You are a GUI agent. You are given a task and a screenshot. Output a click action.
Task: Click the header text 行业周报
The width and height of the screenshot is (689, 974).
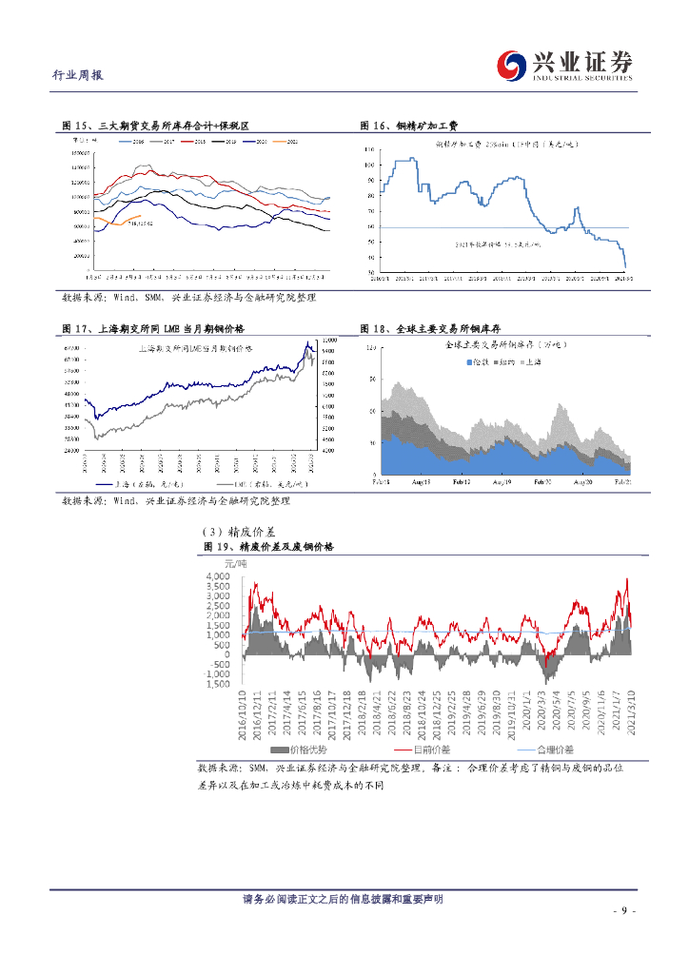click(x=78, y=76)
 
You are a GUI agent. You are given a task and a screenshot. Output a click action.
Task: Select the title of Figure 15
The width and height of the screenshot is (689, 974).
click(x=155, y=126)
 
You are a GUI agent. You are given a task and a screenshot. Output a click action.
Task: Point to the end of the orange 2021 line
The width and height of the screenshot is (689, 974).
click(x=141, y=217)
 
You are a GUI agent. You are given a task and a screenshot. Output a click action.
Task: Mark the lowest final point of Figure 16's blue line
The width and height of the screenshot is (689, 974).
click(x=625, y=268)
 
